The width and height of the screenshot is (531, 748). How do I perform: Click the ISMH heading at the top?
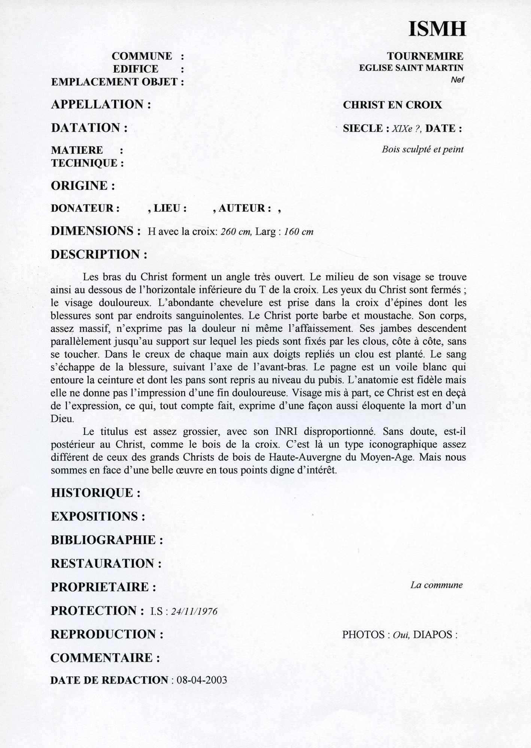437,29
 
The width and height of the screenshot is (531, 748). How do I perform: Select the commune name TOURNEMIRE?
425,56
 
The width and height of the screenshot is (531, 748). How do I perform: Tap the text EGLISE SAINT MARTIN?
411,68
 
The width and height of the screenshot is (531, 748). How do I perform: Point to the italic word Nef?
458,80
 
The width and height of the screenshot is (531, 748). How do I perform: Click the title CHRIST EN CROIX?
392,105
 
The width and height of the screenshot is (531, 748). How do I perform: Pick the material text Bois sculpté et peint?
422,150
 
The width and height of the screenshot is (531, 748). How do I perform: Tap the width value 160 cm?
298,232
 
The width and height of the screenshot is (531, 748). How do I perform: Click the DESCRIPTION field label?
99,255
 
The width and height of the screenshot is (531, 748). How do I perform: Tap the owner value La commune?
436,585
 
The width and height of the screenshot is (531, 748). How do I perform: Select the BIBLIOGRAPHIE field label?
107,540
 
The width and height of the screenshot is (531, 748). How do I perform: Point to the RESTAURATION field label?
106,564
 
